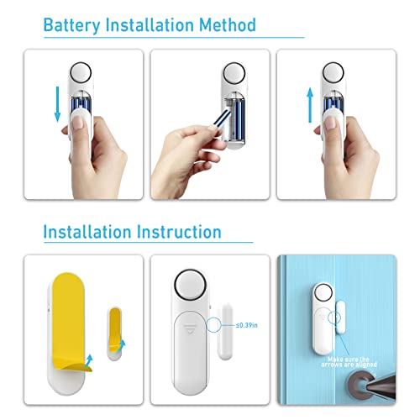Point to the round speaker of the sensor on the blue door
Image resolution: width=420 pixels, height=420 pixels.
[323, 295]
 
